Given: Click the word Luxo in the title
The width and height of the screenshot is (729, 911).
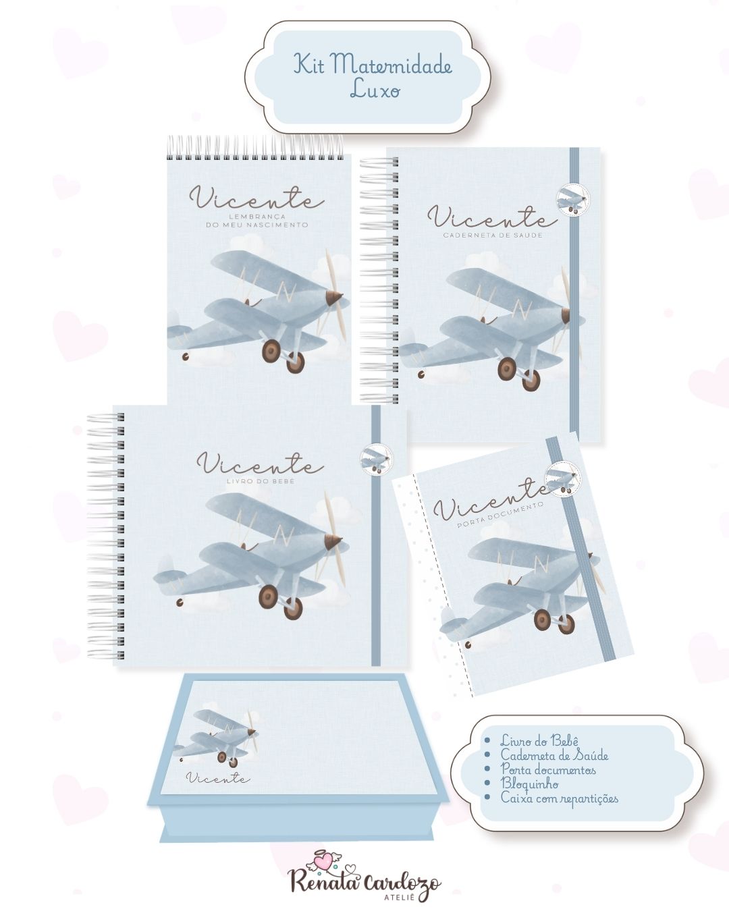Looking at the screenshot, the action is [375, 90].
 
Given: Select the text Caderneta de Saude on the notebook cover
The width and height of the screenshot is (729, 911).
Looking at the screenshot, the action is [493, 235].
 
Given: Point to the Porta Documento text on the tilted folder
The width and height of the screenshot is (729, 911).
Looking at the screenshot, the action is [501, 515].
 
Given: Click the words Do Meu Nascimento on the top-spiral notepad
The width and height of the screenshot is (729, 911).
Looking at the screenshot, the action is [257, 225].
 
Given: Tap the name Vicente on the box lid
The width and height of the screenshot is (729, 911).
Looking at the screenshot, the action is [218, 778].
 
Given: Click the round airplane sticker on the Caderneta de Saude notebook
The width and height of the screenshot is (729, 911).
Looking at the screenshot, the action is [572, 199].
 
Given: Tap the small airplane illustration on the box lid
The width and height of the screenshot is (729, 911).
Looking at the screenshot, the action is [217, 738].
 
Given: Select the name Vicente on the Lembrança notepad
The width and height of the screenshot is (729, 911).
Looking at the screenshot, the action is [256, 198].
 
